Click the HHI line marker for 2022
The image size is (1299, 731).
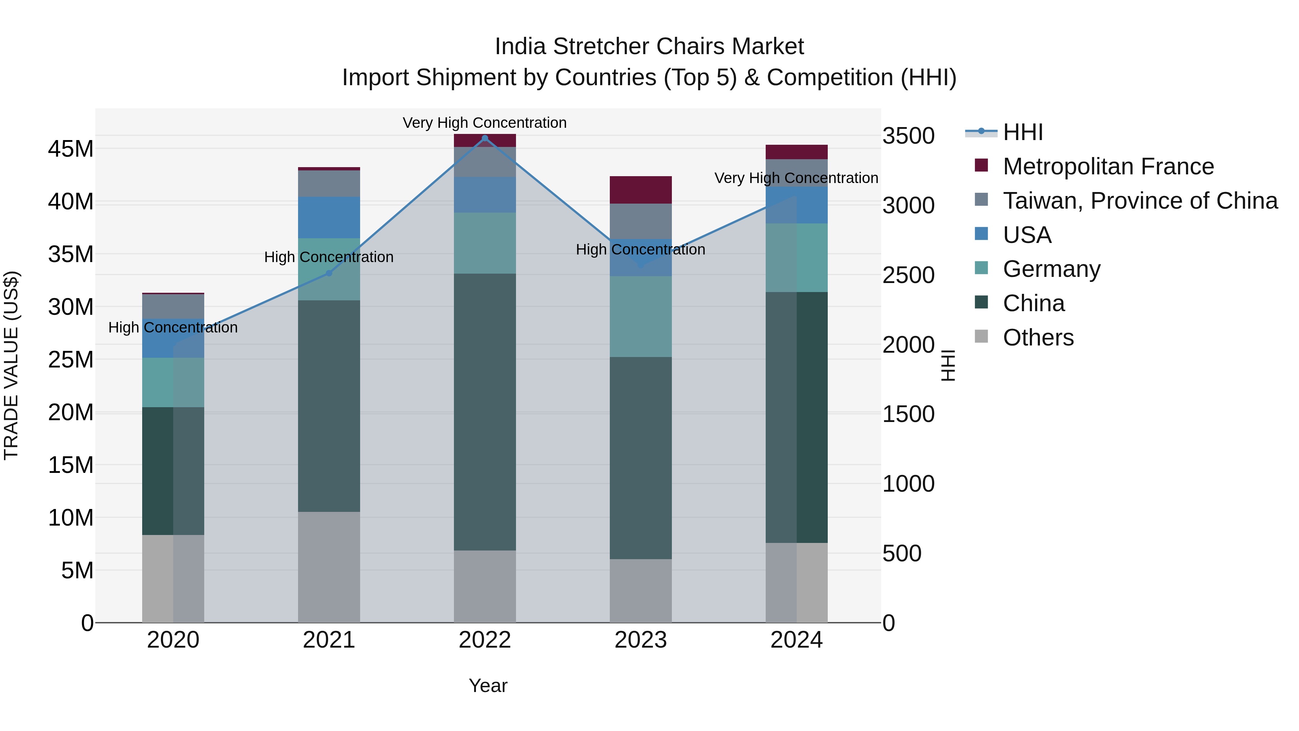coord(485,138)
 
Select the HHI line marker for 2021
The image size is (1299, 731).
coord(329,273)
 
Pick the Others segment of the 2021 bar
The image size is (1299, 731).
coord(329,567)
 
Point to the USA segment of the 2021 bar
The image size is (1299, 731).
coord(329,217)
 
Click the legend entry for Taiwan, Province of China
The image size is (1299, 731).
coord(1140,201)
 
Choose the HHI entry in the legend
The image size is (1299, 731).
coord(1023,132)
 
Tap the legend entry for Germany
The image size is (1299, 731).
coord(1051,269)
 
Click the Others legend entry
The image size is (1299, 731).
coord(1038,338)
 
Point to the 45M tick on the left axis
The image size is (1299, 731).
coord(71,149)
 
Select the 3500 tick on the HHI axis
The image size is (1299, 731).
coord(908,136)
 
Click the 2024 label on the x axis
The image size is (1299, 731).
coord(796,640)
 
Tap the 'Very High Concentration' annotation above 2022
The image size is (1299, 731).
coord(485,123)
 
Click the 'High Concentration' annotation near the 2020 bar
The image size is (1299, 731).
coord(173,327)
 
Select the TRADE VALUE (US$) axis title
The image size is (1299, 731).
coord(11,365)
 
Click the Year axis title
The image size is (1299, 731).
coord(487,686)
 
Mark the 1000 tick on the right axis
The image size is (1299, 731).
coord(908,484)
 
